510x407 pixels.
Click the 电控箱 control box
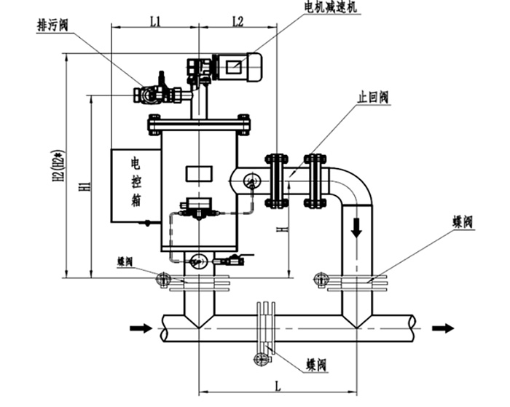tap(136, 185)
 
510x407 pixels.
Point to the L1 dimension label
tap(154, 22)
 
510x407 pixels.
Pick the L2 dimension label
tap(238, 22)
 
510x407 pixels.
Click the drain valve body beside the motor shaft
tap(151, 94)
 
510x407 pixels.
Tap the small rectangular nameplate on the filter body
tap(198, 173)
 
